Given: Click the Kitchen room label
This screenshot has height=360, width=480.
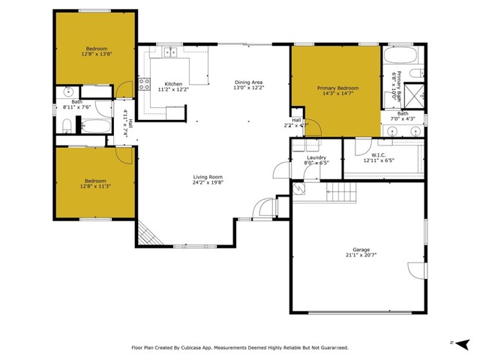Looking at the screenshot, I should pos(173,83).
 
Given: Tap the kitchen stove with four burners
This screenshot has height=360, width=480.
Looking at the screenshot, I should pos(145,82).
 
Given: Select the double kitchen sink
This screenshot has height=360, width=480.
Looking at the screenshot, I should pos(170,52).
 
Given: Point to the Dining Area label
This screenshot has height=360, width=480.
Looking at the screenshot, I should pos(248,82).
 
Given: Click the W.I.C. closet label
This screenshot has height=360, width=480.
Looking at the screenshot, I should pos(378,156).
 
